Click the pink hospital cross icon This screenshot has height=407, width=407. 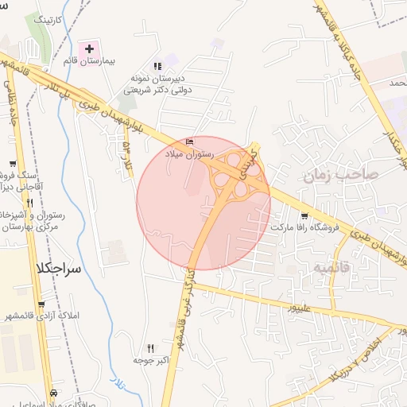pos(89,49)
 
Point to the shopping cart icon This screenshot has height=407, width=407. pos(304,216)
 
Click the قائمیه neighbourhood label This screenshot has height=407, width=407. pos(331,267)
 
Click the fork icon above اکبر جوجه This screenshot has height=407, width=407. pos(150,348)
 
